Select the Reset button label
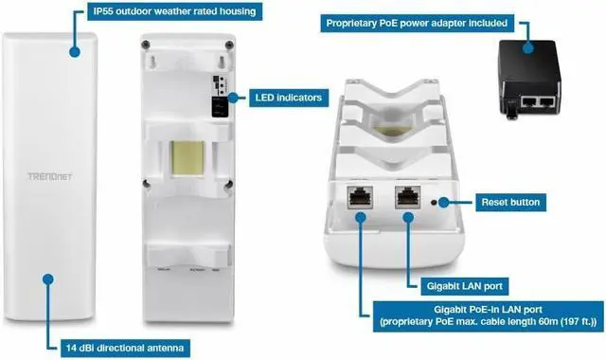point(510,202)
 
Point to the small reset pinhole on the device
point(434,202)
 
